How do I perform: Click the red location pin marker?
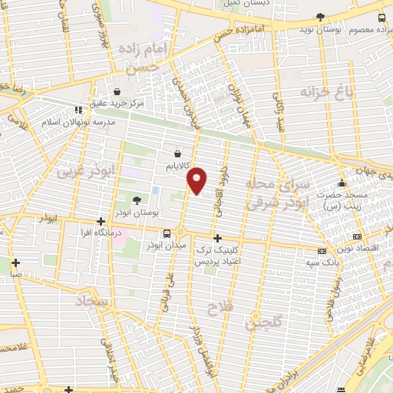(197, 180)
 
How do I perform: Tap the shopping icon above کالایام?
(178, 153)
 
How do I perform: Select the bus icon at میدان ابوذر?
(166, 233)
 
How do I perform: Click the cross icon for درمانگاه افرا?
(101, 220)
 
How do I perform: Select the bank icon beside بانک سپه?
(321, 250)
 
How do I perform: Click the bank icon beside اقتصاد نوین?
(356, 236)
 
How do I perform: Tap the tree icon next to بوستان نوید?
(320, 16)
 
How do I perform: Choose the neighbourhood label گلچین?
(263, 322)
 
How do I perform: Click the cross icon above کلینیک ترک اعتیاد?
(218, 238)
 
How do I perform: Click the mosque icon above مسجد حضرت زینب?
(342, 183)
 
